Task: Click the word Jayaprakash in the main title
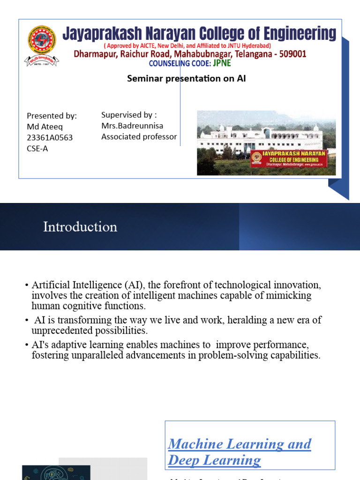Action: pyautogui.click(x=105, y=34)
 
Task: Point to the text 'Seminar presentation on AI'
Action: pyautogui.click(x=186, y=79)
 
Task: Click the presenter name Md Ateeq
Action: pyautogui.click(x=45, y=127)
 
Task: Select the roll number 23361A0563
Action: pyautogui.click(x=50, y=137)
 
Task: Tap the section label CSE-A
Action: pyautogui.click(x=37, y=148)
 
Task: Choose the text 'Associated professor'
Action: pyautogui.click(x=139, y=136)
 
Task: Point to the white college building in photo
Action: pyautogui.click(x=262, y=138)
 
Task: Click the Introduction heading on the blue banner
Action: pyautogui.click(x=80, y=227)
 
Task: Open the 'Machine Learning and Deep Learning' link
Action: pyautogui.click(x=239, y=452)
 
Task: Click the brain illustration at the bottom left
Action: pyautogui.click(x=56, y=472)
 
